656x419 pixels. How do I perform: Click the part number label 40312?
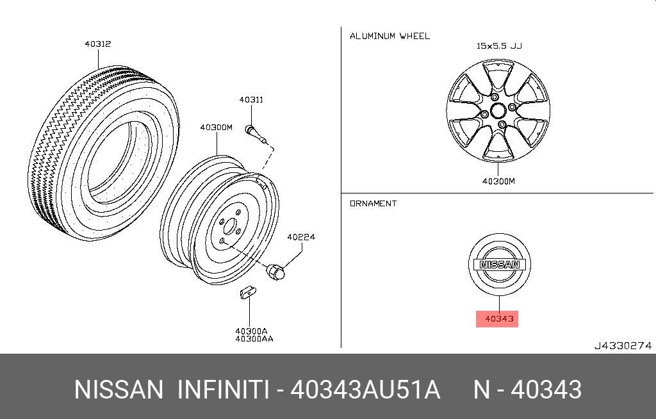click(x=98, y=44)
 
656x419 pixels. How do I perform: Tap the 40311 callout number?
click(x=251, y=99)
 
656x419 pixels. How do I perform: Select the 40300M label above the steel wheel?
click(x=216, y=127)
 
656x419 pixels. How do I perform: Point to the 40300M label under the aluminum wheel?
click(x=498, y=181)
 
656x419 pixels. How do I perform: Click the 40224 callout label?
click(x=301, y=237)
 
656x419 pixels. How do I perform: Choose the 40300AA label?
click(x=254, y=339)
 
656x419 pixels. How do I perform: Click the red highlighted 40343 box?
click(x=497, y=319)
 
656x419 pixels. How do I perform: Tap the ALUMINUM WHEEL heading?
click(x=389, y=36)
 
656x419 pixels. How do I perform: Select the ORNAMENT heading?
click(x=373, y=204)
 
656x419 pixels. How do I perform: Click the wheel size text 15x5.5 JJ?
click(x=499, y=45)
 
